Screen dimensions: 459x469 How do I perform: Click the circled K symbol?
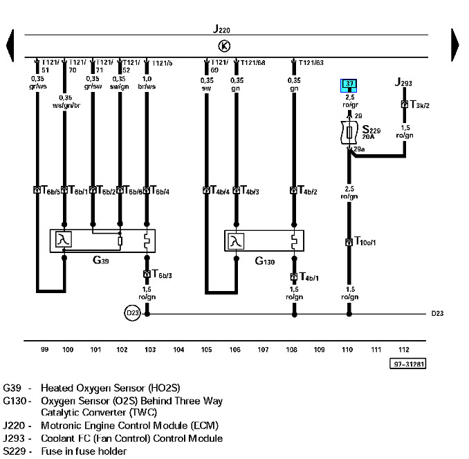click(223, 46)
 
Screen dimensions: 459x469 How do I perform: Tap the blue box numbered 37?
click(349, 85)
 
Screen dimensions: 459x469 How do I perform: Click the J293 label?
click(403, 84)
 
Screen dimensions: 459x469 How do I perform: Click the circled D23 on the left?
click(132, 313)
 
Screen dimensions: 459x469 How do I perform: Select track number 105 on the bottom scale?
click(206, 350)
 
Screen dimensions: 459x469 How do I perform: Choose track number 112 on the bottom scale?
click(404, 350)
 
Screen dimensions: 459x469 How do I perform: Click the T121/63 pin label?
click(311, 63)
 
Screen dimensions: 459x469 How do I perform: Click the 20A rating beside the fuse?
click(368, 137)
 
